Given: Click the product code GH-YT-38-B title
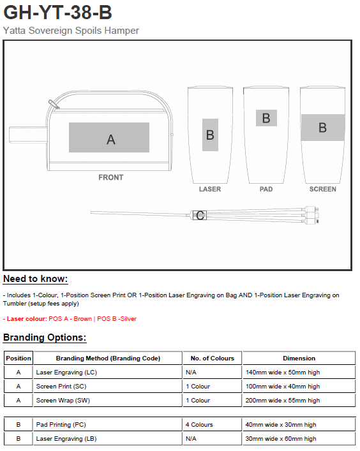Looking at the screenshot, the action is [x=57, y=12].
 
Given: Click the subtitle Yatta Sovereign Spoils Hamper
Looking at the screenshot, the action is [x=71, y=31].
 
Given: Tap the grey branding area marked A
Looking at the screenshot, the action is [x=109, y=138].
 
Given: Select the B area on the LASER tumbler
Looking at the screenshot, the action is [x=210, y=135].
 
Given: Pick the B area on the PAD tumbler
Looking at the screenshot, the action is [x=266, y=118].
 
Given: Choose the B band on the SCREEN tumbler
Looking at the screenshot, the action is [x=322, y=128].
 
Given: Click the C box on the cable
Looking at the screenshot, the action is [x=199, y=215].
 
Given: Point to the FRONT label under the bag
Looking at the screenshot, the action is [x=111, y=177].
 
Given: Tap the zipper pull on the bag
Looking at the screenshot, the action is [x=54, y=104].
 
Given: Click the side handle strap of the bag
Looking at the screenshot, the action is [x=28, y=135].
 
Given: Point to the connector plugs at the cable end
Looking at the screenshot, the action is [x=311, y=215].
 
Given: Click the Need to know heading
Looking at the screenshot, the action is [x=35, y=279].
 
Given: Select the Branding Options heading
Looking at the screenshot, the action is [x=45, y=337].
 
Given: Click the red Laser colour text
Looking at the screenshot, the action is [x=70, y=319].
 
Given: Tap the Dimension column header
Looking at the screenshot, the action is [x=299, y=359].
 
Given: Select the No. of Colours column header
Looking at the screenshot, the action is [x=213, y=359].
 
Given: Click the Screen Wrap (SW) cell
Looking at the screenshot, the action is [x=63, y=401].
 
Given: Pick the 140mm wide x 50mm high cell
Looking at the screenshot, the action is [x=283, y=373].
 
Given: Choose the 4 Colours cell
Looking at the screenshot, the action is [x=199, y=425].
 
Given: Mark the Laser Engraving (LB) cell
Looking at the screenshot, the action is [x=66, y=439].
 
